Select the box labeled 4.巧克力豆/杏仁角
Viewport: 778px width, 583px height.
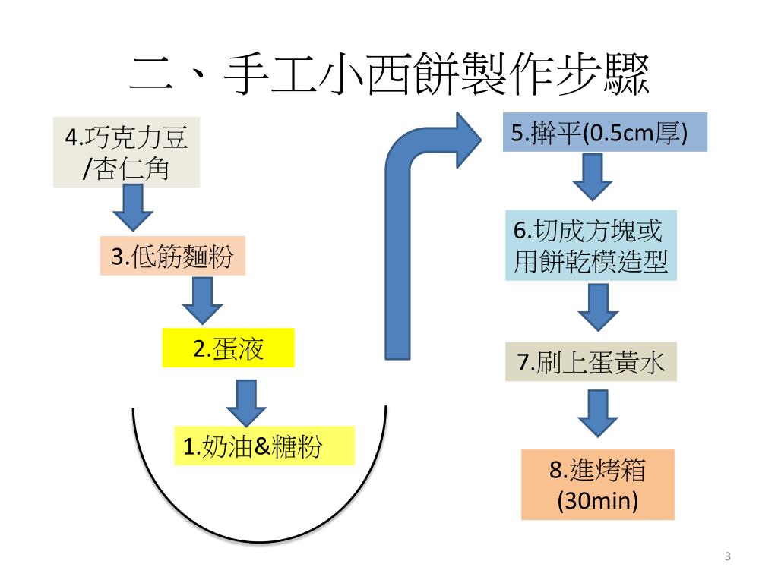(126, 152)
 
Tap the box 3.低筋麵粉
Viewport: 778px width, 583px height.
(173, 257)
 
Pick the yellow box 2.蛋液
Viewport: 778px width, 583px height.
(228, 348)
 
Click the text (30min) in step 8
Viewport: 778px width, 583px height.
(597, 501)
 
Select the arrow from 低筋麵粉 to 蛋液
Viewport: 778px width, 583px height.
(202, 301)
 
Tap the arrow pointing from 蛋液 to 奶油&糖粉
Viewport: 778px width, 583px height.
(251, 402)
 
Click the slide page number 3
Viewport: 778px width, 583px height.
(728, 557)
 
